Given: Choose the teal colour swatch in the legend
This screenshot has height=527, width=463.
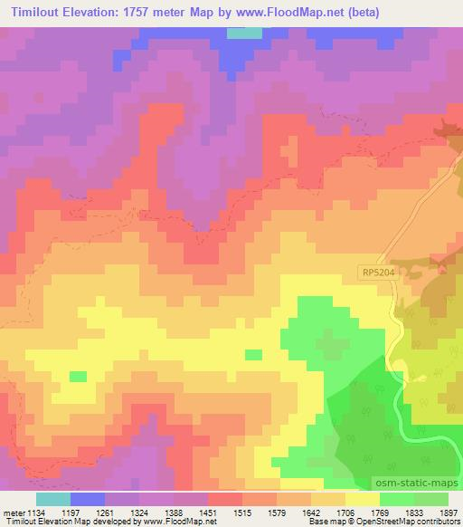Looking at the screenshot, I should coord(52,499).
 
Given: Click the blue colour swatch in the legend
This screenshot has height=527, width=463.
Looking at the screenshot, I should coord(87,499).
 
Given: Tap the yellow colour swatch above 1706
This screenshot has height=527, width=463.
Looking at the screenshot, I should coord(362,499).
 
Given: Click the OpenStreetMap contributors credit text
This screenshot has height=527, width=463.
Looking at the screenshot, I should coord(411,522).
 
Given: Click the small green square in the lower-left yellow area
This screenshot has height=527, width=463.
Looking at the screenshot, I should coord(79,376).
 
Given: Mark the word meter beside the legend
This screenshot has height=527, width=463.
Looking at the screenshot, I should coord(12,512).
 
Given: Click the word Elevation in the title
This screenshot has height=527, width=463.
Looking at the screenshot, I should coord(99,13).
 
